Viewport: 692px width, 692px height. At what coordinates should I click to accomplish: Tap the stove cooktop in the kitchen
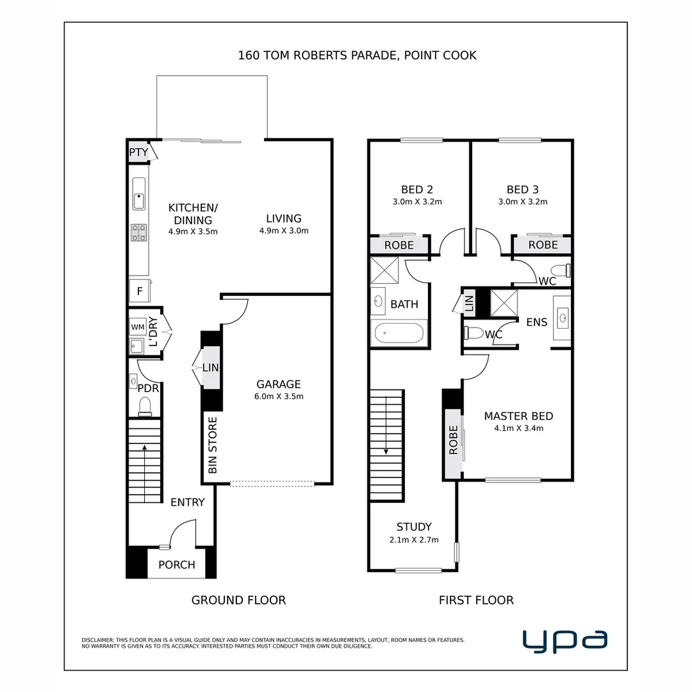click(x=138, y=232)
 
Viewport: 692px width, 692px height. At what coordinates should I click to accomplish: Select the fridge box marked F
click(x=139, y=290)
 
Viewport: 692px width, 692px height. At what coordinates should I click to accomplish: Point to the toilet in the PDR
click(x=145, y=406)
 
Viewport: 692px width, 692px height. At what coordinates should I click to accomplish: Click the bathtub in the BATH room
click(x=399, y=333)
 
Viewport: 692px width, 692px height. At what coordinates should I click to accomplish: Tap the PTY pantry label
click(x=138, y=152)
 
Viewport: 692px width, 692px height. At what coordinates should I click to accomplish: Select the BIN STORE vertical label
click(x=213, y=445)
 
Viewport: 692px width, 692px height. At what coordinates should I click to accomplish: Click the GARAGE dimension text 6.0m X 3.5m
click(x=279, y=397)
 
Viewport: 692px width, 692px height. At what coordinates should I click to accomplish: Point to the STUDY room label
click(x=414, y=527)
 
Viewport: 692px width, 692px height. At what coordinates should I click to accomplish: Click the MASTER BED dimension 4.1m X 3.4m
click(x=518, y=429)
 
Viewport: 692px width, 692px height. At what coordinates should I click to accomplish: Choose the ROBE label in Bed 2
click(x=399, y=245)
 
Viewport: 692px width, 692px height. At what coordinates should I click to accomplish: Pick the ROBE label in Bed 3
click(x=543, y=245)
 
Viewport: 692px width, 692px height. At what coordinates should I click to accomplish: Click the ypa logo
click(x=564, y=641)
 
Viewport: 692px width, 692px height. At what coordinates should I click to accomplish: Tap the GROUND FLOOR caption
click(x=238, y=600)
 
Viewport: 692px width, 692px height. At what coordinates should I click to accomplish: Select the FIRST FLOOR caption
click(x=476, y=600)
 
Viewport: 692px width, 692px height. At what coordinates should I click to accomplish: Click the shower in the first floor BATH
click(x=384, y=270)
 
